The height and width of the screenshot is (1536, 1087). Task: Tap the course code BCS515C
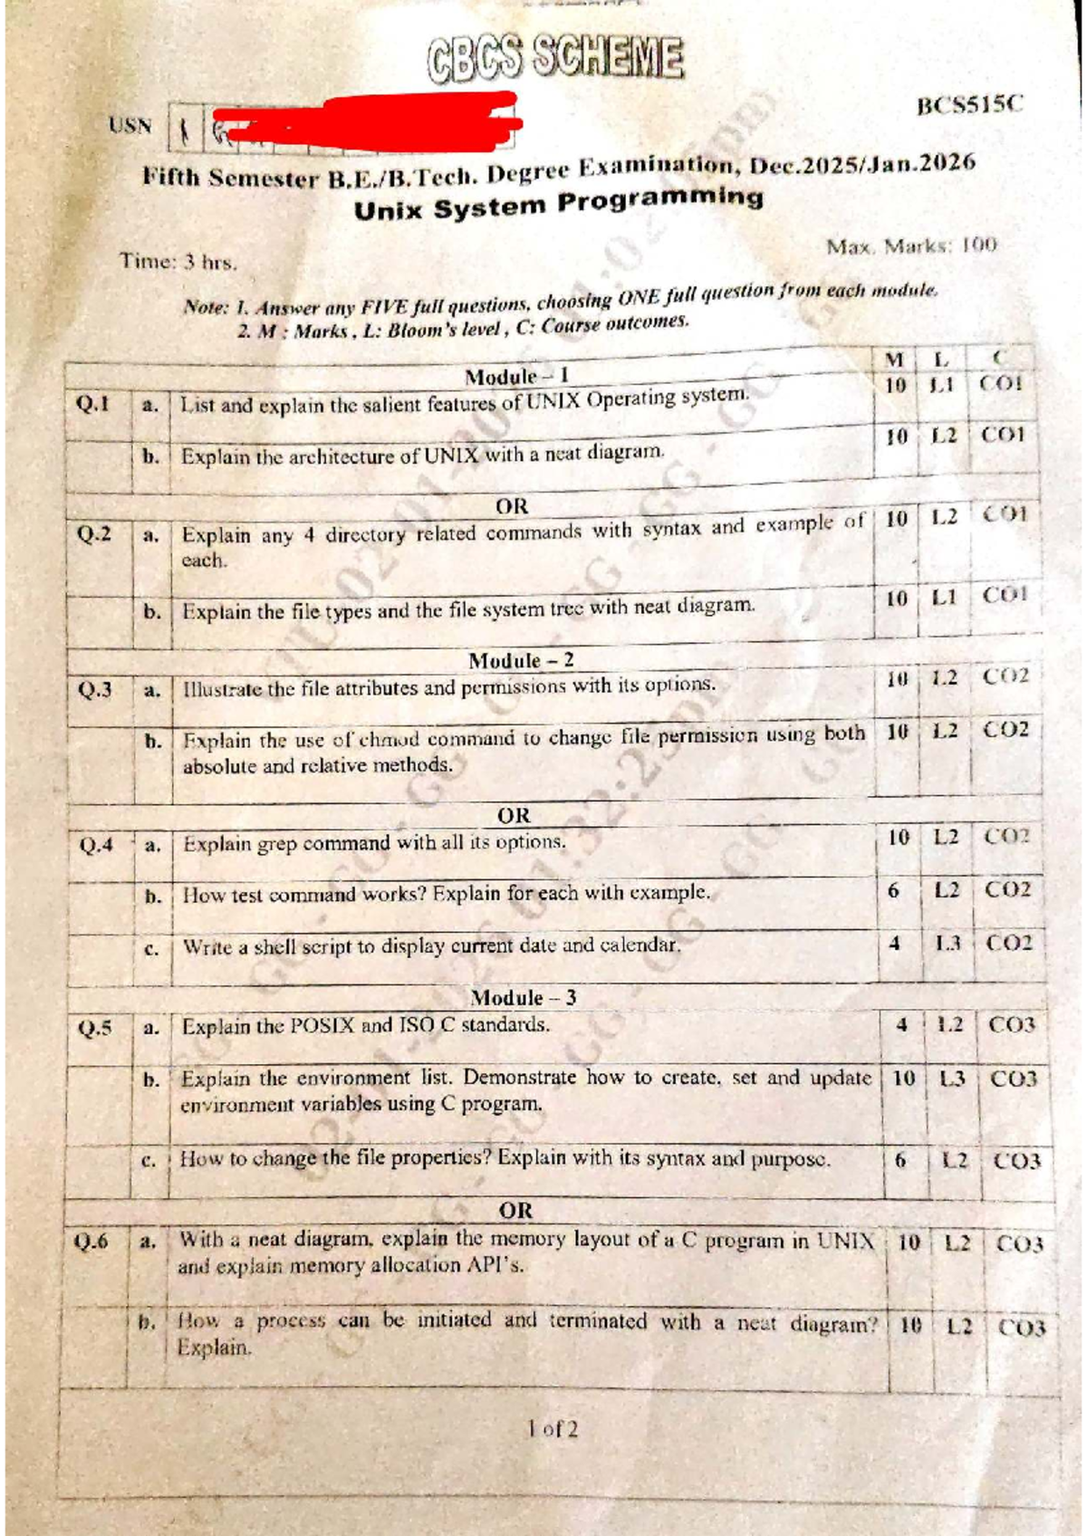(x=969, y=105)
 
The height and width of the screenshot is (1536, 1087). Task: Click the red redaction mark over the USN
(x=362, y=121)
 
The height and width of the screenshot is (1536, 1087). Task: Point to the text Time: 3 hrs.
(x=178, y=263)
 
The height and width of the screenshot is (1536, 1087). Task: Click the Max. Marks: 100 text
(x=910, y=245)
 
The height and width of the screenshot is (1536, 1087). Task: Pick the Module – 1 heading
(x=516, y=376)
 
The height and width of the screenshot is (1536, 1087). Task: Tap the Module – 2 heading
(x=521, y=660)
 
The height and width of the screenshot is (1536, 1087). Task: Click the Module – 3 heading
(x=523, y=997)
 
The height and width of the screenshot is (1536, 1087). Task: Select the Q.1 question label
(x=93, y=404)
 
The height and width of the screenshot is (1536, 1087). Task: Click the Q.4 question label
(x=96, y=846)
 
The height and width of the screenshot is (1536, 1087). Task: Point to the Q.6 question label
(x=91, y=1241)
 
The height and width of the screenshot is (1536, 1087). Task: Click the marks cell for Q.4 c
(x=895, y=944)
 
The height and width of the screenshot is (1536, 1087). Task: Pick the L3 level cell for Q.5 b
(x=952, y=1079)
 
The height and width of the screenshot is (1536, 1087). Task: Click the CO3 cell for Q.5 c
(x=1016, y=1160)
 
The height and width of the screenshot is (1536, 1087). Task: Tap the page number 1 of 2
(x=553, y=1429)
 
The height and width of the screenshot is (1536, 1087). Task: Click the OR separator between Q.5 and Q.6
(x=515, y=1210)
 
